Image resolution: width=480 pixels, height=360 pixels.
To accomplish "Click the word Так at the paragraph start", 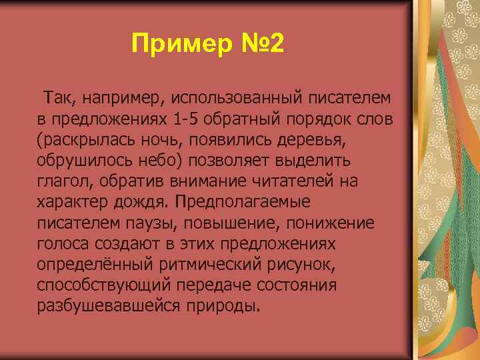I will click(59, 99).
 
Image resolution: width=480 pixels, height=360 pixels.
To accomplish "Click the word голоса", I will click(63, 243).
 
